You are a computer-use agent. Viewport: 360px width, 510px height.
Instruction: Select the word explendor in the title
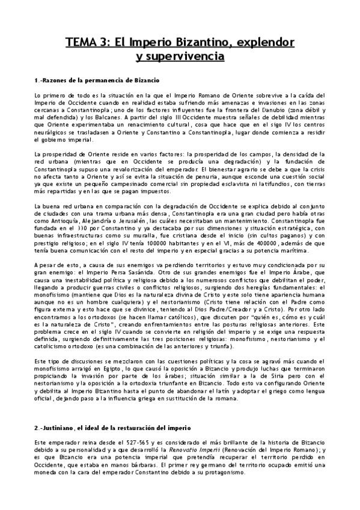[266, 44]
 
